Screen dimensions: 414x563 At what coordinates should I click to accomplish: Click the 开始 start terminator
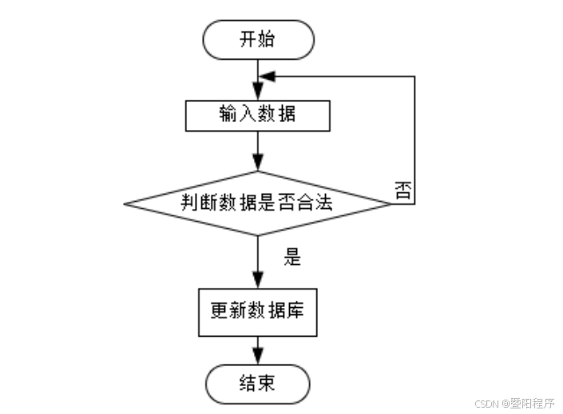(x=258, y=40)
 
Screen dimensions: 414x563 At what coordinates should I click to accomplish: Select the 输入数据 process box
(x=258, y=115)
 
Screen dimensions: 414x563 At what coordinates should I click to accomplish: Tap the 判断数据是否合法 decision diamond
(x=258, y=203)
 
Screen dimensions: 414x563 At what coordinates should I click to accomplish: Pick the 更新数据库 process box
(x=258, y=311)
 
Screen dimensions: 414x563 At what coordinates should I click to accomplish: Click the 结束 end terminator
(x=258, y=384)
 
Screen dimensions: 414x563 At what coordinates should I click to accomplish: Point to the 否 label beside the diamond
(x=403, y=190)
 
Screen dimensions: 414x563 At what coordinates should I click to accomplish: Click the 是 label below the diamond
(x=292, y=257)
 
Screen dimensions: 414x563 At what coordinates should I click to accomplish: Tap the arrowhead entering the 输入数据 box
(x=258, y=94)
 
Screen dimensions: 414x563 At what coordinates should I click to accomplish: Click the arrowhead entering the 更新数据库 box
(x=258, y=280)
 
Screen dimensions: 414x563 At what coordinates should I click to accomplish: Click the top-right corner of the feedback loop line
(x=414, y=77)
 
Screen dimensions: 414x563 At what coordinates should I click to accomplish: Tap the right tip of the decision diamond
(x=390, y=203)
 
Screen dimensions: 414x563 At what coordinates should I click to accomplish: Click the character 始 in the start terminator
(x=268, y=40)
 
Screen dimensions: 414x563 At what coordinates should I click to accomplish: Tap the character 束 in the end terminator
(x=268, y=384)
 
